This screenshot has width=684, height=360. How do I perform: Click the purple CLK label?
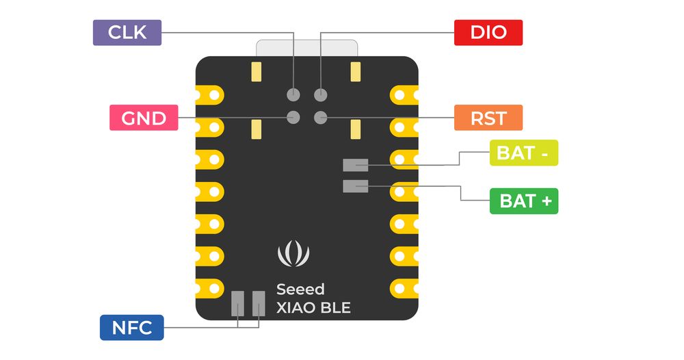[x=127, y=32]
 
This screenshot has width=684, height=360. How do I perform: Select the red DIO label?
[x=488, y=32]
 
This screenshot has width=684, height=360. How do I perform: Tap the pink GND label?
[x=144, y=118]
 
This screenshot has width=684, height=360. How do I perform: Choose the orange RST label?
[x=488, y=118]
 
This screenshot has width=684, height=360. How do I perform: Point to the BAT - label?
[x=524, y=153]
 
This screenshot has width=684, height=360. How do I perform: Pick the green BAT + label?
[x=524, y=201]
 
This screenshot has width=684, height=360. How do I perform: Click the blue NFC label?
[x=132, y=327]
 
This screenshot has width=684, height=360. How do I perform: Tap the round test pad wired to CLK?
[x=293, y=94]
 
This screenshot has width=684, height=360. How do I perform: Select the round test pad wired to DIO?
[x=321, y=94]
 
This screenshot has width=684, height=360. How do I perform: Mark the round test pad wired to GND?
[x=293, y=117]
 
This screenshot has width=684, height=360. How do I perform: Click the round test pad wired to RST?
[x=321, y=117]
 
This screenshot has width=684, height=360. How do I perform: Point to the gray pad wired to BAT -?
[x=356, y=164]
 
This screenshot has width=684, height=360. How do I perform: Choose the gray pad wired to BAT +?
[x=356, y=185]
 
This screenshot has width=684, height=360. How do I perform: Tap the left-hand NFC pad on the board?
[x=238, y=303]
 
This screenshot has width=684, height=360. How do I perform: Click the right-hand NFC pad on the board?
[x=259, y=303]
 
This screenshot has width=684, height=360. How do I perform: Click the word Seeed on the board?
[x=300, y=290]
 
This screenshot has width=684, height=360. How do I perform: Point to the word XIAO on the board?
[x=296, y=308]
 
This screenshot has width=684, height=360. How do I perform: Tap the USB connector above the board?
[x=306, y=48]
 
